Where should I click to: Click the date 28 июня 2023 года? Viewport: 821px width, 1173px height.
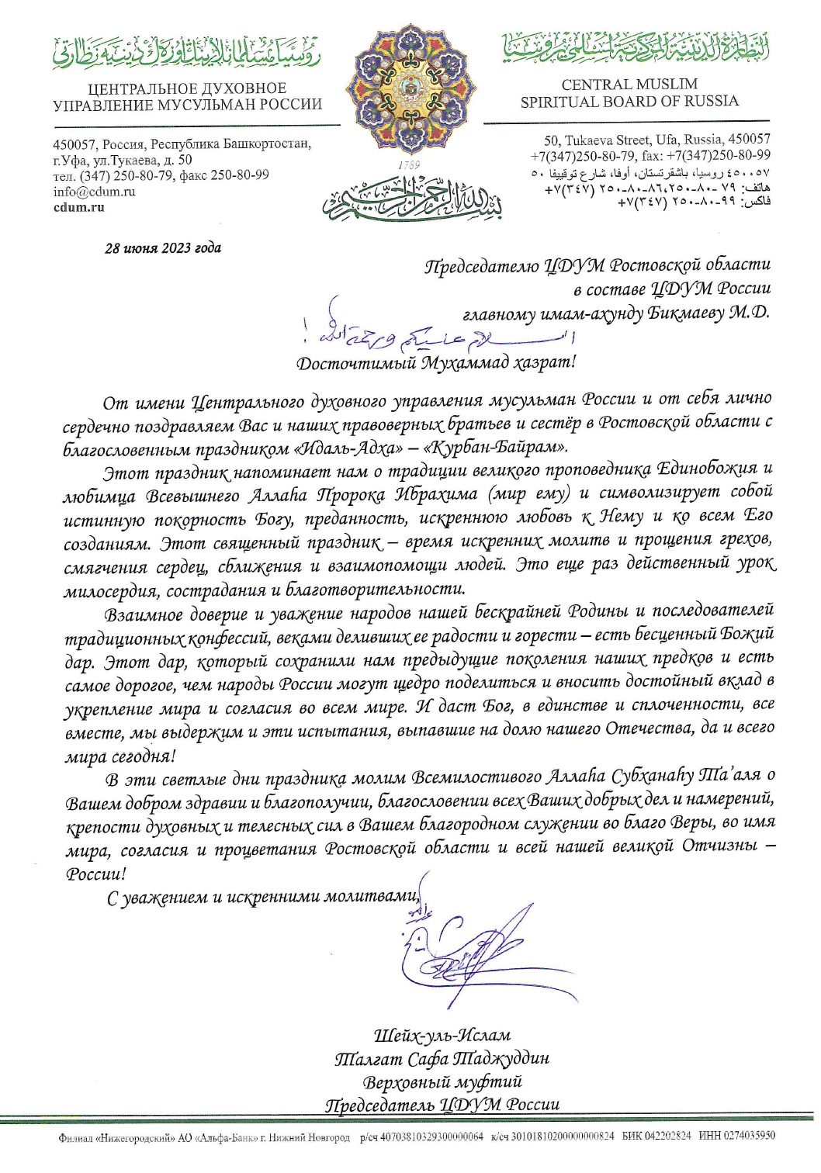[163, 248]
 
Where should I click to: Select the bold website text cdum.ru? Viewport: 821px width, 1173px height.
[78, 207]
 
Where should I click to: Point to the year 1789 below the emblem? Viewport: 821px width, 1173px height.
[408, 165]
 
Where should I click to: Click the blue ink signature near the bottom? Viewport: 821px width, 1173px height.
[458, 942]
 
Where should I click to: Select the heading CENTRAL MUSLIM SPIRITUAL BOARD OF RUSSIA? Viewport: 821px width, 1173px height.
[629, 93]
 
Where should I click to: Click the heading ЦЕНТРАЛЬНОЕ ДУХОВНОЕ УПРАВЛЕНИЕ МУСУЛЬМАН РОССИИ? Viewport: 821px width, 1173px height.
[187, 97]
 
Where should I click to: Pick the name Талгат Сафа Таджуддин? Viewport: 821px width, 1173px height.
[442, 1059]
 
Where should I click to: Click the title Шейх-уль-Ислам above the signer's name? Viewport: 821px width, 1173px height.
[442, 1036]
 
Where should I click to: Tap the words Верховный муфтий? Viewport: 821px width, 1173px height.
[442, 1081]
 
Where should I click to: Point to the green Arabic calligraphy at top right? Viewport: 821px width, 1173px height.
[629, 48]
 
